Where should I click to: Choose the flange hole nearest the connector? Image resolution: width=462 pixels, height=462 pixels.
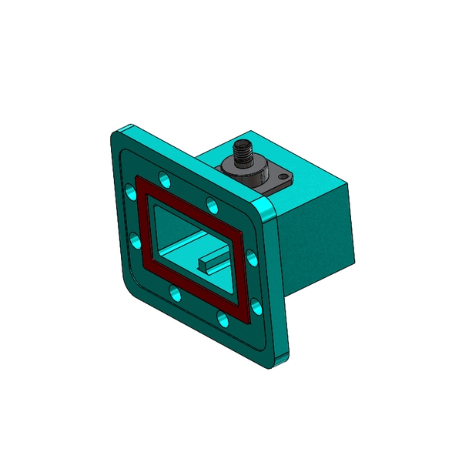[x=212, y=204]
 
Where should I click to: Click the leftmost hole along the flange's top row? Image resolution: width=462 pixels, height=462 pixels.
[x=163, y=179]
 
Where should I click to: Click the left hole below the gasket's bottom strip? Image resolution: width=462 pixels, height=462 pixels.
[x=176, y=293]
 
